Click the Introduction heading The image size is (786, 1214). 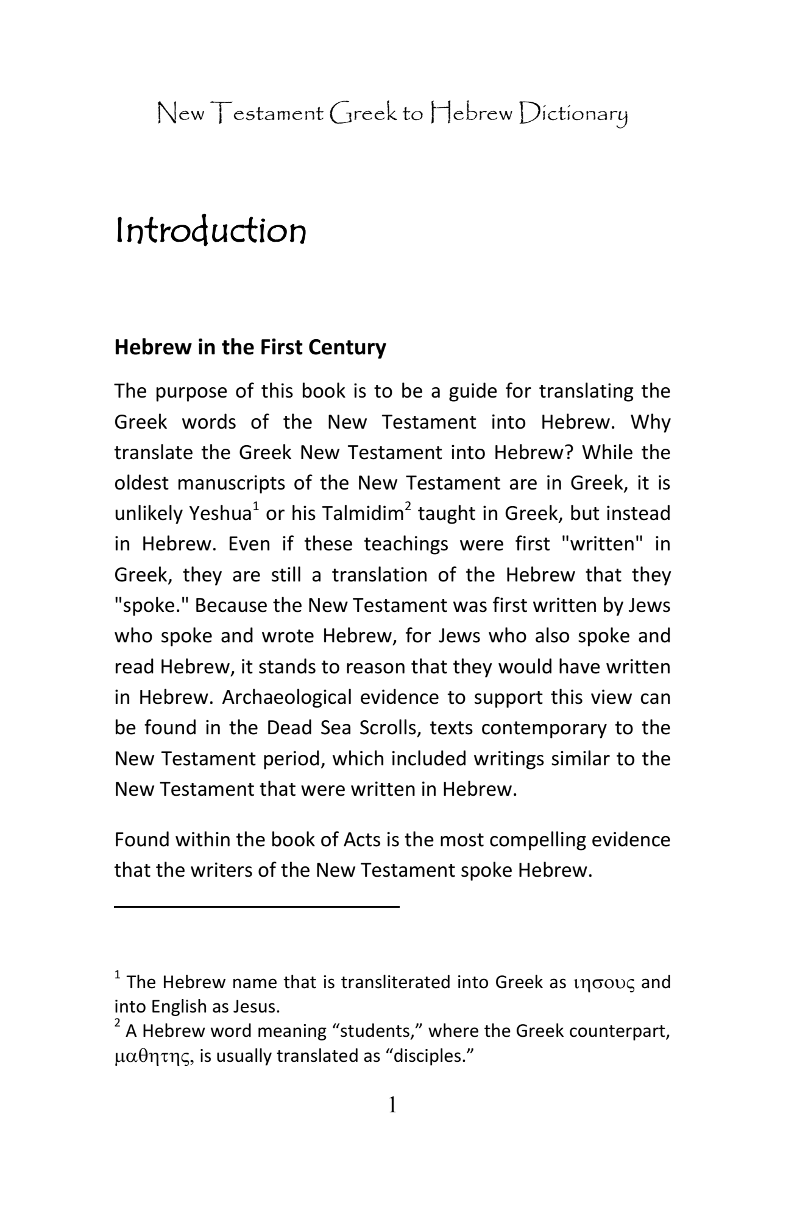coord(210,233)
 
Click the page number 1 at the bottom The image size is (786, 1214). coord(392,1104)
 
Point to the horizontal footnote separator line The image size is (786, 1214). coord(257,907)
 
